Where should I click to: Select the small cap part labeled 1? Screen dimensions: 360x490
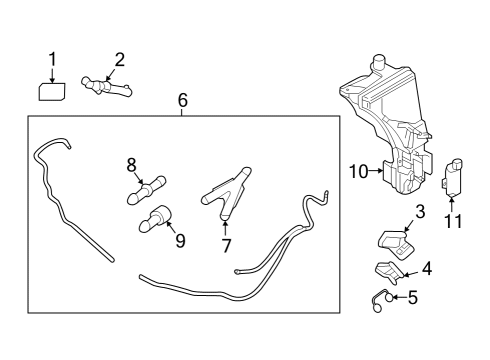[x=52, y=92]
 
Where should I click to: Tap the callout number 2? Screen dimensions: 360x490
[x=119, y=59]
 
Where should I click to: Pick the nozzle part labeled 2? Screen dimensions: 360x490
[x=109, y=87]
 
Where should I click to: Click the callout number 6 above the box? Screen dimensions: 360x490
[x=182, y=100]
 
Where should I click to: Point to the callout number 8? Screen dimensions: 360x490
[x=131, y=163]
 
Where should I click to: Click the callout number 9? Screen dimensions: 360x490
[x=180, y=240]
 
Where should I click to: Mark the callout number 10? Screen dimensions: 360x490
[x=358, y=171]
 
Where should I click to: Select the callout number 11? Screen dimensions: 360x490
[x=454, y=221]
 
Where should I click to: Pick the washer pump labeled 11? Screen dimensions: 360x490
[x=455, y=176]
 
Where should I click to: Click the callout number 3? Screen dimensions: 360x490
[x=420, y=211]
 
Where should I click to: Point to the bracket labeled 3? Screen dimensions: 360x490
[x=393, y=241]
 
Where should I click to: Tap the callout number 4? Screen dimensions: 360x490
[x=427, y=268]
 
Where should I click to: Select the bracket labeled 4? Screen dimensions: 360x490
[x=390, y=271]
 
